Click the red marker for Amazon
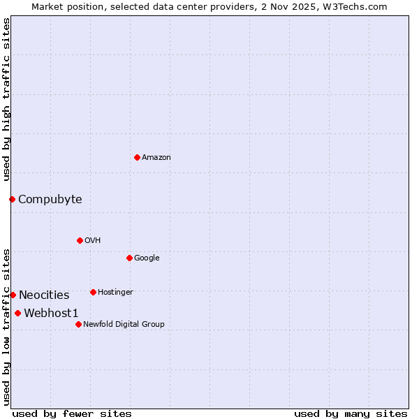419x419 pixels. coord(137,157)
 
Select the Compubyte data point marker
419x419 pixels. coord(12,199)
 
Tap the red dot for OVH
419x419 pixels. coord(80,240)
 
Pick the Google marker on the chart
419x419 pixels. coord(129,258)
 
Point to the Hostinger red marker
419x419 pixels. coord(93,292)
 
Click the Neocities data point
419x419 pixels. coord(13,295)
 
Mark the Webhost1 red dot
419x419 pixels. coord(17,313)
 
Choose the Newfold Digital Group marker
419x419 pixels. coord(78,324)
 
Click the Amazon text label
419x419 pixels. coord(156,157)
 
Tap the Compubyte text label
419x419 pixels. coord(50,199)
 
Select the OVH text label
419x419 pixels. coord(93,240)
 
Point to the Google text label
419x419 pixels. coord(147,258)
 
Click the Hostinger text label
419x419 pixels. coord(115,292)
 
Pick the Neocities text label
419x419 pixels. coord(44,295)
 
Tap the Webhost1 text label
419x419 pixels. coord(52,313)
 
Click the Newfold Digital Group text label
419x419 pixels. coord(124,324)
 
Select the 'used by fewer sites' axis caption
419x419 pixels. coord(72,413)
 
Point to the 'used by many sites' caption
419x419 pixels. coord(351,413)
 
